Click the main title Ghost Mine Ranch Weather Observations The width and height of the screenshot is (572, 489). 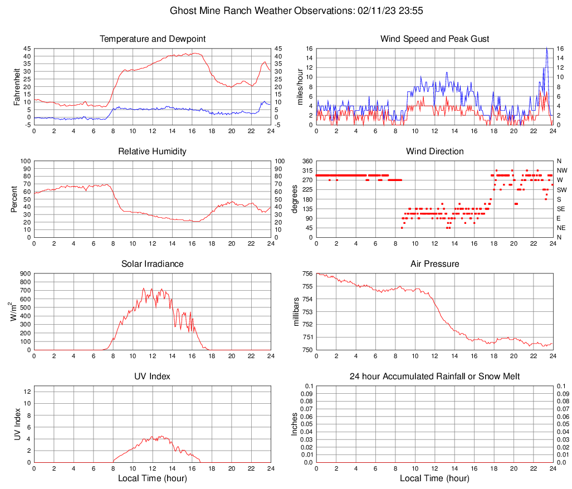(286, 11)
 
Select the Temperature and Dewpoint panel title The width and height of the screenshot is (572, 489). (153, 39)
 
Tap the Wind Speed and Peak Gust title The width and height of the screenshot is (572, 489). (434, 39)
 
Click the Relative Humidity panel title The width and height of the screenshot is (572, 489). (153, 151)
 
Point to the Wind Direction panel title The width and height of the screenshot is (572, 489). (434, 151)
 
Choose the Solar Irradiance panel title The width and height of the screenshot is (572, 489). (153, 264)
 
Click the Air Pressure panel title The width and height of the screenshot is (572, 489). (434, 264)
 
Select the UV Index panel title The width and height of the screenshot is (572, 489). (153, 376)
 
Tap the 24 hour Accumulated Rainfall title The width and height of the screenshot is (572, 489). (434, 376)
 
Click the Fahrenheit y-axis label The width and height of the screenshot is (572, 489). (17, 87)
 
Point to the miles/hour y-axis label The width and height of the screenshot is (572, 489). (300, 87)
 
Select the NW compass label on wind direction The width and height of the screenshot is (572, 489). (561, 170)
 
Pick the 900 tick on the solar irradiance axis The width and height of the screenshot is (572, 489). (25, 274)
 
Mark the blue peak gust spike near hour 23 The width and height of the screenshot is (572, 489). (547, 50)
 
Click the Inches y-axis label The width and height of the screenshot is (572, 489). (296, 424)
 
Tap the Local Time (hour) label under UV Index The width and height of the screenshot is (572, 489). (153, 478)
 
